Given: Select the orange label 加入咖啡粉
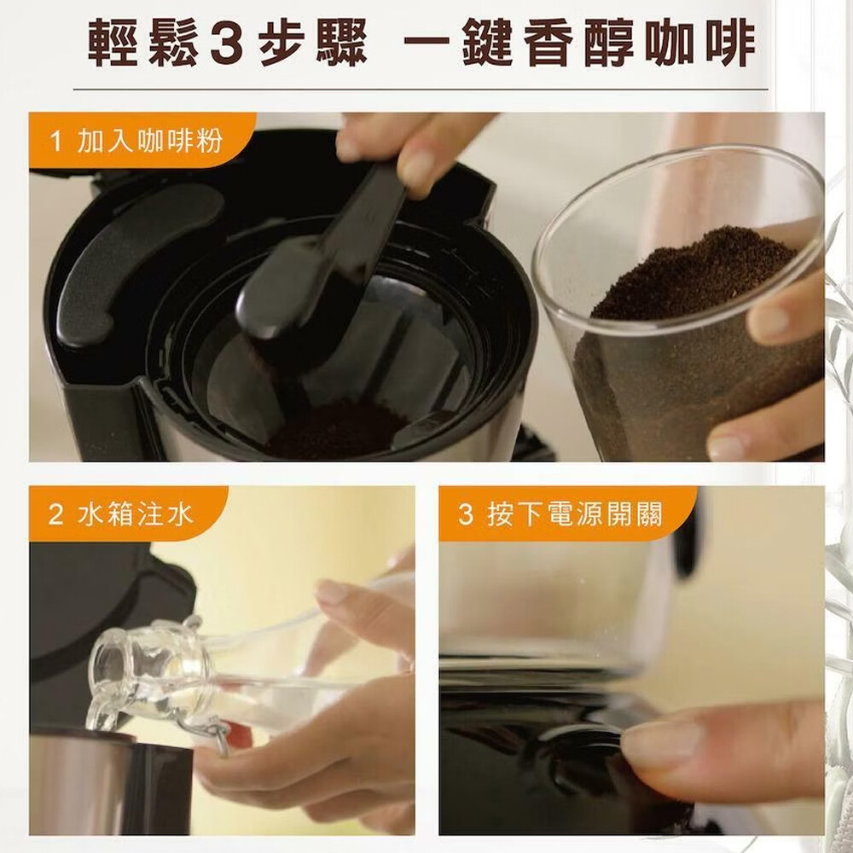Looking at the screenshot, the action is tap(150, 141).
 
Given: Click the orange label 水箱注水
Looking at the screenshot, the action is tap(136, 514).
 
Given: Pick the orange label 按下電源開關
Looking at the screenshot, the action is tap(575, 514).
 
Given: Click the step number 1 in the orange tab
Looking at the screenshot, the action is tap(55, 142).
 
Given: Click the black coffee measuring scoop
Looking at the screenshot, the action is tap(321, 256).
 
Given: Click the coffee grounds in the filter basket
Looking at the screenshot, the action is tap(337, 429).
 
